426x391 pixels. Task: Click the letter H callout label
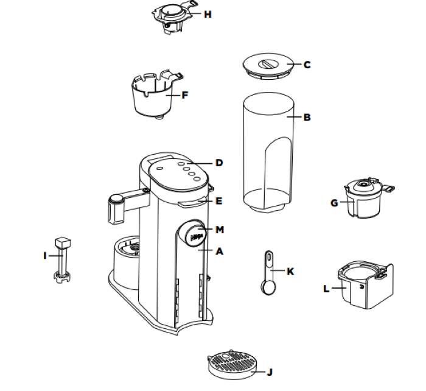point(208,14)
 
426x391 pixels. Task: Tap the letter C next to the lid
point(307,65)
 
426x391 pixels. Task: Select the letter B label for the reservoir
point(307,117)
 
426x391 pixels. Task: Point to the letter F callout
point(185,95)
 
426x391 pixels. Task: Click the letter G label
point(334,203)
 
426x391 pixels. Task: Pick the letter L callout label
point(326,289)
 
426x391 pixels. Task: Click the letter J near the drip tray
point(269,371)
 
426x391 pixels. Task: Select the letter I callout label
point(44,256)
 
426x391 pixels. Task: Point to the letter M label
point(220,230)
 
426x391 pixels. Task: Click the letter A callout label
point(220,250)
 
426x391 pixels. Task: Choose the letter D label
point(219,163)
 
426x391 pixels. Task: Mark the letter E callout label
point(219,200)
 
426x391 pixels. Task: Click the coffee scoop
point(267,274)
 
